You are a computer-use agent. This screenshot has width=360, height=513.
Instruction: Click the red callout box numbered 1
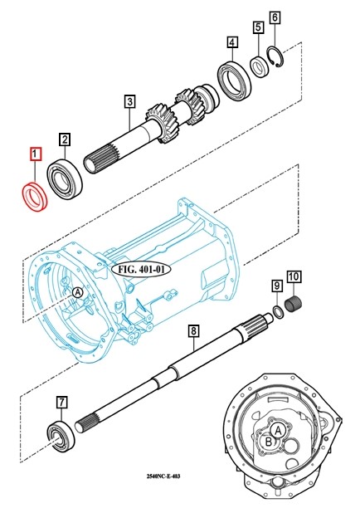(x=36, y=154)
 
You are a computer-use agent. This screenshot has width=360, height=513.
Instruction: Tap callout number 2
(x=65, y=139)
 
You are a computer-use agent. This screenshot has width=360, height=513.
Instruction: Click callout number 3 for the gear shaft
(x=129, y=101)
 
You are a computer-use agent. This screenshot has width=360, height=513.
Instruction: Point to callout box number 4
(x=231, y=42)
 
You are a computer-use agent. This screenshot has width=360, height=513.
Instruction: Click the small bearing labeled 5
(x=260, y=66)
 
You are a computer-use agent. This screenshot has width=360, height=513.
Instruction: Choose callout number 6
(x=275, y=17)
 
